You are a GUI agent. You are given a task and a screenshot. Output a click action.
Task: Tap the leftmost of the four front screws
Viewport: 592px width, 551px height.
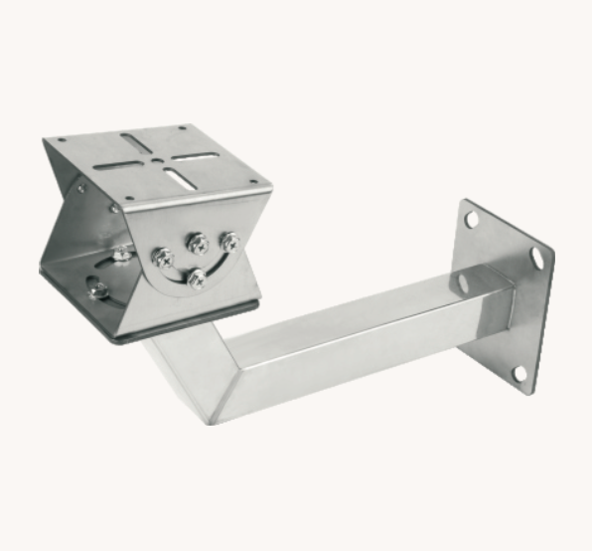point(159,256)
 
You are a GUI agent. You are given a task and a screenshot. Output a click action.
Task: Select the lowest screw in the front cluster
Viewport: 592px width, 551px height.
point(197,277)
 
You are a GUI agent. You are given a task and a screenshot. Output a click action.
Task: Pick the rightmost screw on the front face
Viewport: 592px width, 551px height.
point(229,241)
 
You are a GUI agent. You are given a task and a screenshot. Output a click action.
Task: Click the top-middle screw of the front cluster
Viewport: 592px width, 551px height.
point(197,242)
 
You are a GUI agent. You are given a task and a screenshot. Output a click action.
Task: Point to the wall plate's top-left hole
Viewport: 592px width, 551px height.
point(471,219)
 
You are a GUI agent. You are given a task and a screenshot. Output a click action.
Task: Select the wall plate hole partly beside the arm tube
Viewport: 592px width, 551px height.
point(463,283)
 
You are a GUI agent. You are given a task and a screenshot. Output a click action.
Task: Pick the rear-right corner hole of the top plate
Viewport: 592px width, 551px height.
point(182,128)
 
